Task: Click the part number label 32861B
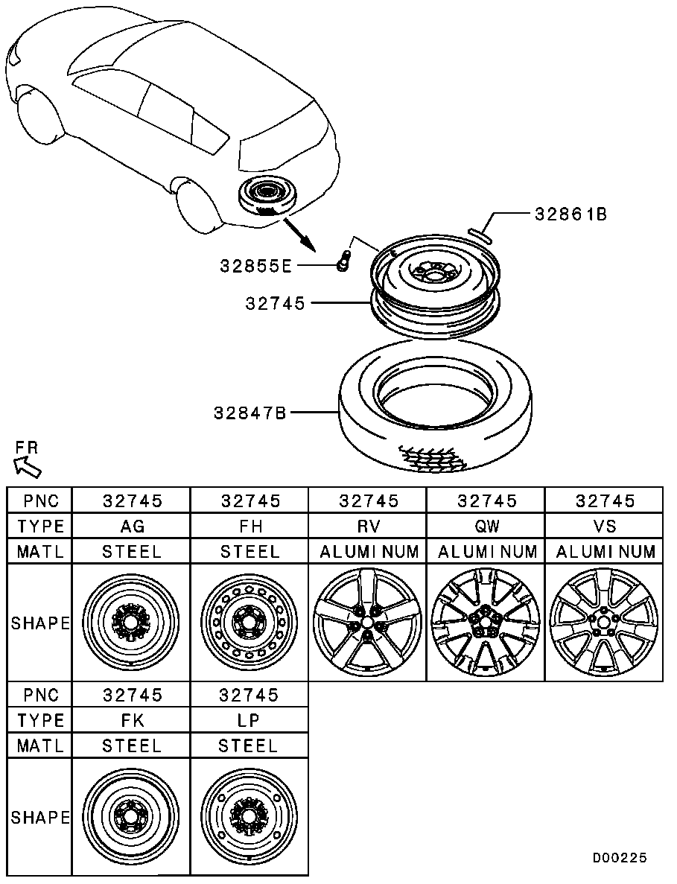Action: point(570,214)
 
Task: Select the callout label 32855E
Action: point(256,266)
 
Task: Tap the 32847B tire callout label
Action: point(250,413)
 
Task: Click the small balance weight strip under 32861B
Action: point(480,235)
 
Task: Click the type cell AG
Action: point(132,526)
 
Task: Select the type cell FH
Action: point(250,526)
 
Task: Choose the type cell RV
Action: point(369,526)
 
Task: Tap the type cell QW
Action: point(487,526)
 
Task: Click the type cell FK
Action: point(132,720)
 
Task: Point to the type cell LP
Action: point(249,720)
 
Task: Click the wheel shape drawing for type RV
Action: point(367,622)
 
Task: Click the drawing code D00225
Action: point(619,858)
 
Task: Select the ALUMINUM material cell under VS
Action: point(605,551)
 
